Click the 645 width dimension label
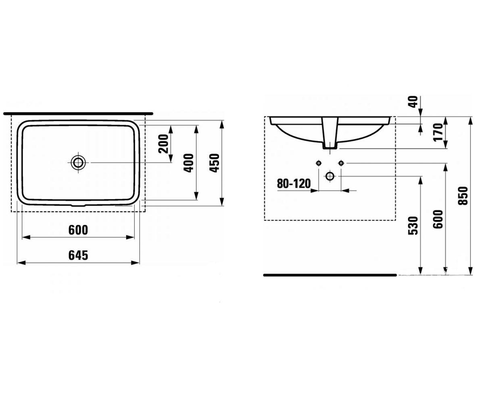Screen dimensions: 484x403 click(78, 255)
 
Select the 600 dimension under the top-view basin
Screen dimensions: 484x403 click(78, 230)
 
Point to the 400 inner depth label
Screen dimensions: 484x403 click(189, 163)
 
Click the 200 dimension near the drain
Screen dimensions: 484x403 click(163, 143)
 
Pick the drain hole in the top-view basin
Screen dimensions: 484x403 click(78, 162)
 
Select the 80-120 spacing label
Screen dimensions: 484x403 click(294, 184)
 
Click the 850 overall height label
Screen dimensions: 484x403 click(463, 196)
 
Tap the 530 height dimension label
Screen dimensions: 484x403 click(413, 225)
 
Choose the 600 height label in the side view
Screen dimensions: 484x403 click(438, 219)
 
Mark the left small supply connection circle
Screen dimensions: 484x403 click(319, 163)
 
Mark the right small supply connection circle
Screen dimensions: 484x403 click(341, 163)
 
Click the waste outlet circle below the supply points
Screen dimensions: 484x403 click(330, 176)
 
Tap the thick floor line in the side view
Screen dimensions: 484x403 click(330, 275)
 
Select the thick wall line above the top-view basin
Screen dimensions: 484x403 click(78, 114)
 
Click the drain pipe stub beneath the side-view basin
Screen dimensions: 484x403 click(330, 133)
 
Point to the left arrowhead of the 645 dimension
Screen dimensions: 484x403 click(21, 263)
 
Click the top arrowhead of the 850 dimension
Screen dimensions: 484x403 click(470, 121)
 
